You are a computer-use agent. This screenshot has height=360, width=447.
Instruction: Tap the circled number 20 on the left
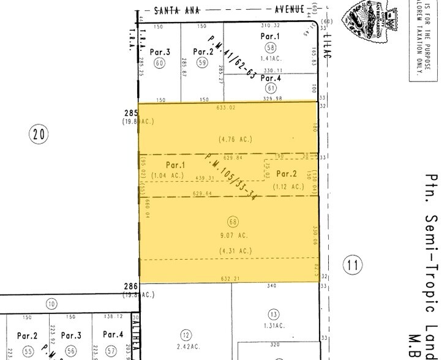pyautogui.click(x=39, y=134)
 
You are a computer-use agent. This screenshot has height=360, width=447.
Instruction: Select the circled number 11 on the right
pyautogui.click(x=351, y=265)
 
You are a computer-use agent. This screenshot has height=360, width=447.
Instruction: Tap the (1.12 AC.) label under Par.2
pyautogui.click(x=287, y=187)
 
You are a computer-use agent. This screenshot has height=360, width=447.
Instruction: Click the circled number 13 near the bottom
pyautogui.click(x=272, y=313)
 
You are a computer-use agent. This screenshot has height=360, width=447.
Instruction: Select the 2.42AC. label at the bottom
pyautogui.click(x=186, y=347)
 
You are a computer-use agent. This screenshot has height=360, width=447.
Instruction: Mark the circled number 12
pyautogui.click(x=186, y=334)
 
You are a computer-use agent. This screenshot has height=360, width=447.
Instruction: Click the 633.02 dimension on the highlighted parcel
pyautogui.click(x=226, y=108)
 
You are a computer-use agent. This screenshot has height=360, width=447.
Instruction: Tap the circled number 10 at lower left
pyautogui.click(x=51, y=304)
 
